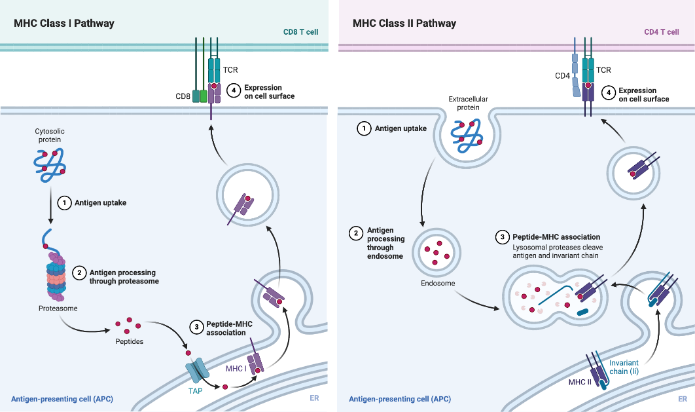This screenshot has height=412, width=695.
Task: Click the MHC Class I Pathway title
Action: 64,24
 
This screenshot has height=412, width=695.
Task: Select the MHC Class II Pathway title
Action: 404,24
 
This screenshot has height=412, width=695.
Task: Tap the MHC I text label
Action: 236,369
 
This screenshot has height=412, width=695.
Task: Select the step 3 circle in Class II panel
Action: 502,237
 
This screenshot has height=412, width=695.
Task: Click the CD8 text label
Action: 183,97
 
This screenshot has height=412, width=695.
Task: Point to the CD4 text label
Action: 562,76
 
